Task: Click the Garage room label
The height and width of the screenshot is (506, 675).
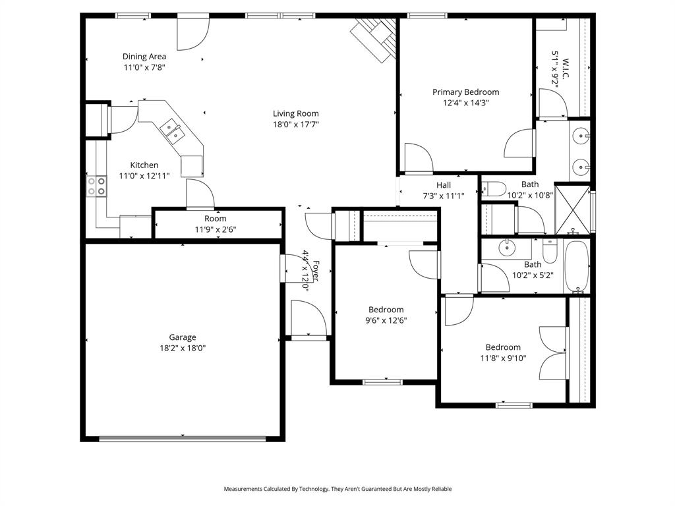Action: point(182,337)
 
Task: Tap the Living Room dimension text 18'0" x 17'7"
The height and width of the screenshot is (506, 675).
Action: point(296,124)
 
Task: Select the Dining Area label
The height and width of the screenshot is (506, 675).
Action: point(144,57)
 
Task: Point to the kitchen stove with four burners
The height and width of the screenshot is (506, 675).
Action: point(97,185)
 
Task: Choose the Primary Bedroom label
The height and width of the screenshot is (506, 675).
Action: point(465,92)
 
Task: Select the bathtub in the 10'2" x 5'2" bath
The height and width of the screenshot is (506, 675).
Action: point(576,266)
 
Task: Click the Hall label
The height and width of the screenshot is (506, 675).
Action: point(444,185)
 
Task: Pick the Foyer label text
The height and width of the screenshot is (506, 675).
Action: point(315,270)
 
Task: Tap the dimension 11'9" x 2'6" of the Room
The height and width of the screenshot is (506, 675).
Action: point(215,229)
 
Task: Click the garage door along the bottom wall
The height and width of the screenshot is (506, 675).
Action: point(183,438)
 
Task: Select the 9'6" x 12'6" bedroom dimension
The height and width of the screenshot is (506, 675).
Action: point(386,321)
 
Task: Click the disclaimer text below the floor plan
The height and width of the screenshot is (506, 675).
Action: point(337,489)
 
